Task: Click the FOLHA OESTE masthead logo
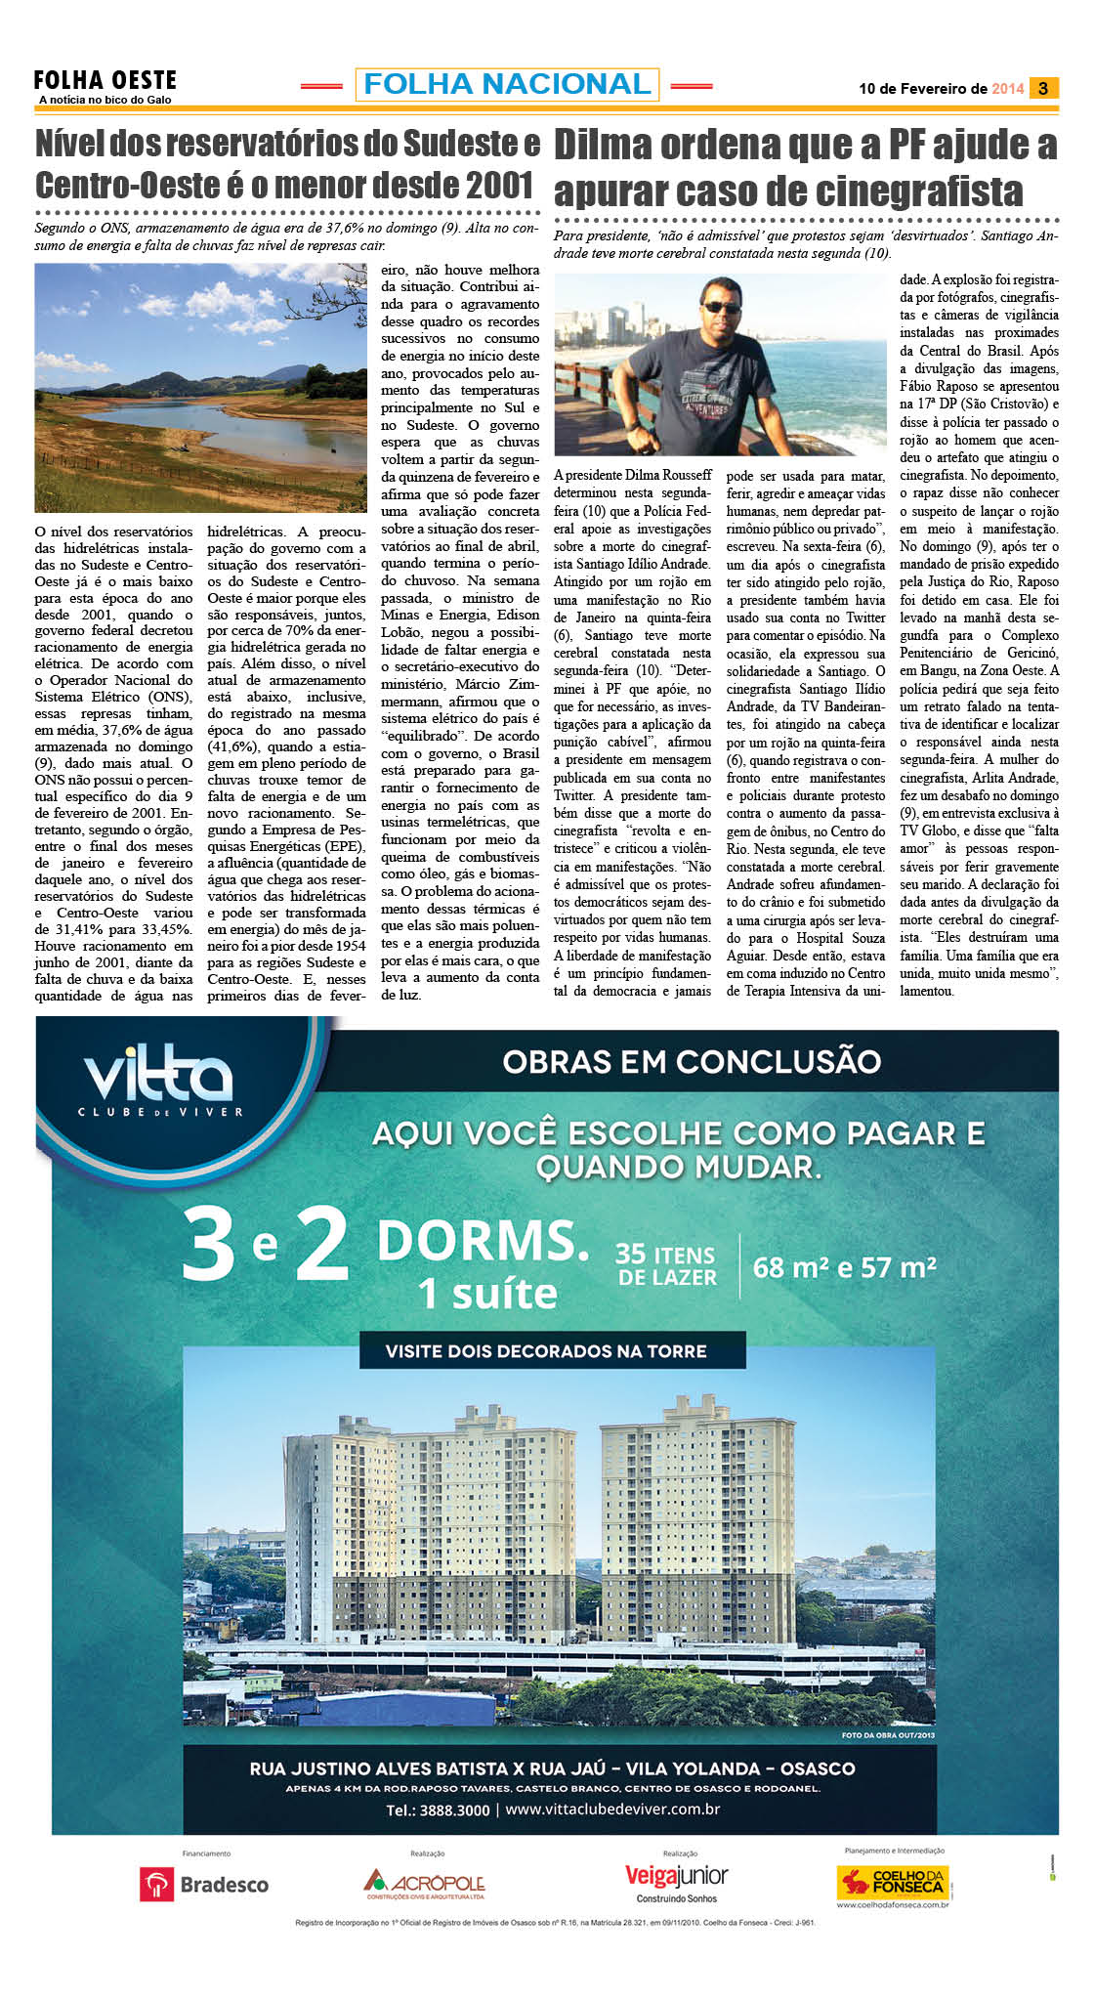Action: pos(105,81)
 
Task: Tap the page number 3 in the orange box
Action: pos(1043,88)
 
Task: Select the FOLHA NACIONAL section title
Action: pos(507,84)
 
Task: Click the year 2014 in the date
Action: pos(1007,88)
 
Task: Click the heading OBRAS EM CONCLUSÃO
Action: pos(692,1061)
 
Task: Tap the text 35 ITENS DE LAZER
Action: pos(666,1265)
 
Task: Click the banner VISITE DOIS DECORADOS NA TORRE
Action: pos(546,1351)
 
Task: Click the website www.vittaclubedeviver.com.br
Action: pos(612,1809)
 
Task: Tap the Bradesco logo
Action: pos(205,1884)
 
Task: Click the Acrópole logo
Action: pos(425,1883)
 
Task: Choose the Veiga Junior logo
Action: pos(676,1882)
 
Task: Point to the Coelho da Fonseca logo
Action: pos(893,1882)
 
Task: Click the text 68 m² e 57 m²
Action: pos(845,1267)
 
